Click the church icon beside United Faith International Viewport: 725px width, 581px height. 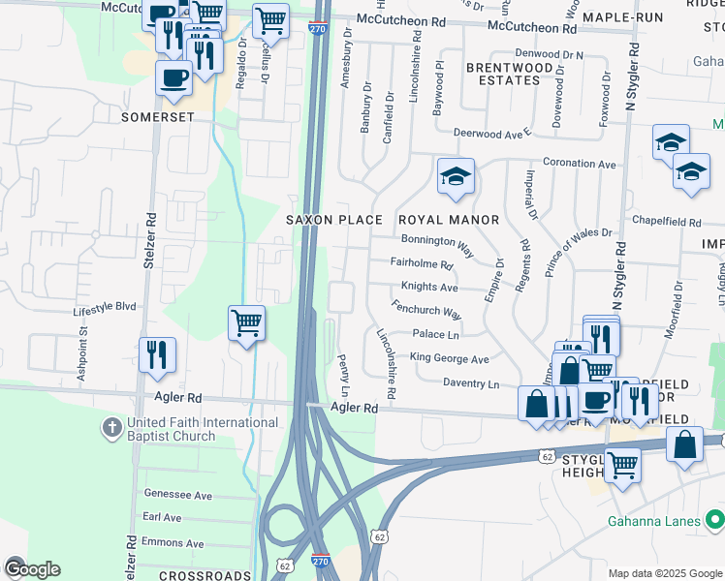pos(113,427)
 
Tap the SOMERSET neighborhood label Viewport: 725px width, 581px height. pos(158,117)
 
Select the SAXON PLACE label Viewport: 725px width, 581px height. pos(333,220)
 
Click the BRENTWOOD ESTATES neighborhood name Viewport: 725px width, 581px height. pos(502,74)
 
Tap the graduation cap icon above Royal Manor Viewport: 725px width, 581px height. pos(455,177)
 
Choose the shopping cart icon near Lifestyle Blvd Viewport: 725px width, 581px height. pos(246,323)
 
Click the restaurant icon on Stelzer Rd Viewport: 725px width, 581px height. pos(157,353)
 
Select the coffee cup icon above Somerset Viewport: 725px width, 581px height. pos(174,77)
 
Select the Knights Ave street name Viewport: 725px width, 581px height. pos(428,288)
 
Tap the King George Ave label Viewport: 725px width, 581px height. pos(449,358)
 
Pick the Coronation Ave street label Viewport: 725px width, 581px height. pos(580,164)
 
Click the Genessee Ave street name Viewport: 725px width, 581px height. pos(177,495)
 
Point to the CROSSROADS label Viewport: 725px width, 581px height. pos(205,575)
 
